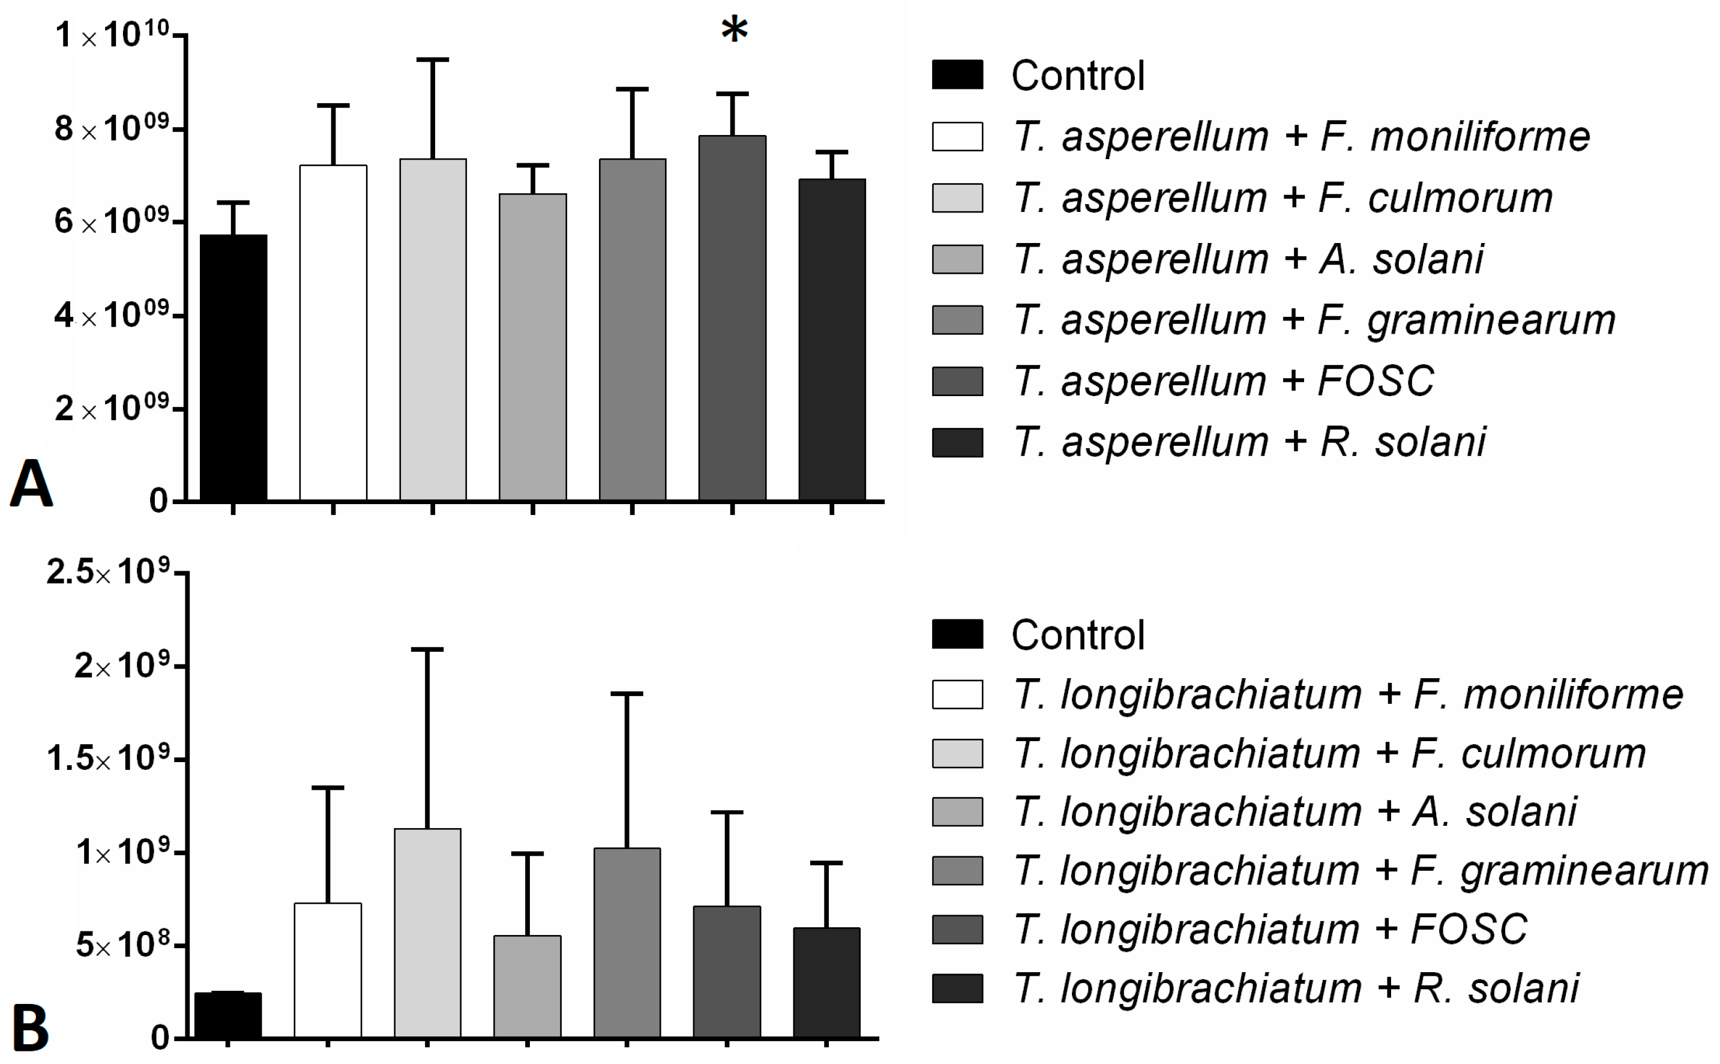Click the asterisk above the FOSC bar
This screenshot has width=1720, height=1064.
pyautogui.click(x=734, y=29)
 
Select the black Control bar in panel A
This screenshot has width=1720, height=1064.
pyautogui.click(x=233, y=367)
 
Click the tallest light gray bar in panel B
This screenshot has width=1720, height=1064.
pyautogui.click(x=427, y=933)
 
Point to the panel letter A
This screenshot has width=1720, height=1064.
pyautogui.click(x=31, y=484)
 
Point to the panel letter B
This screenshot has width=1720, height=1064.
pyautogui.click(x=31, y=1028)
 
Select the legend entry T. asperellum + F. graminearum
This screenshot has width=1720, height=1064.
pyautogui.click(x=1313, y=320)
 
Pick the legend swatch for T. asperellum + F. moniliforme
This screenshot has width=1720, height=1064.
pyautogui.click(x=957, y=136)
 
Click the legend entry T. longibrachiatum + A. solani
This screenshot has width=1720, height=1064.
pyautogui.click(x=1295, y=811)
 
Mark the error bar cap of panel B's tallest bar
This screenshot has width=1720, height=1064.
pyautogui.click(x=427, y=649)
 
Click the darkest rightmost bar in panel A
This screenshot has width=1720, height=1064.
pyautogui.click(x=832, y=339)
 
